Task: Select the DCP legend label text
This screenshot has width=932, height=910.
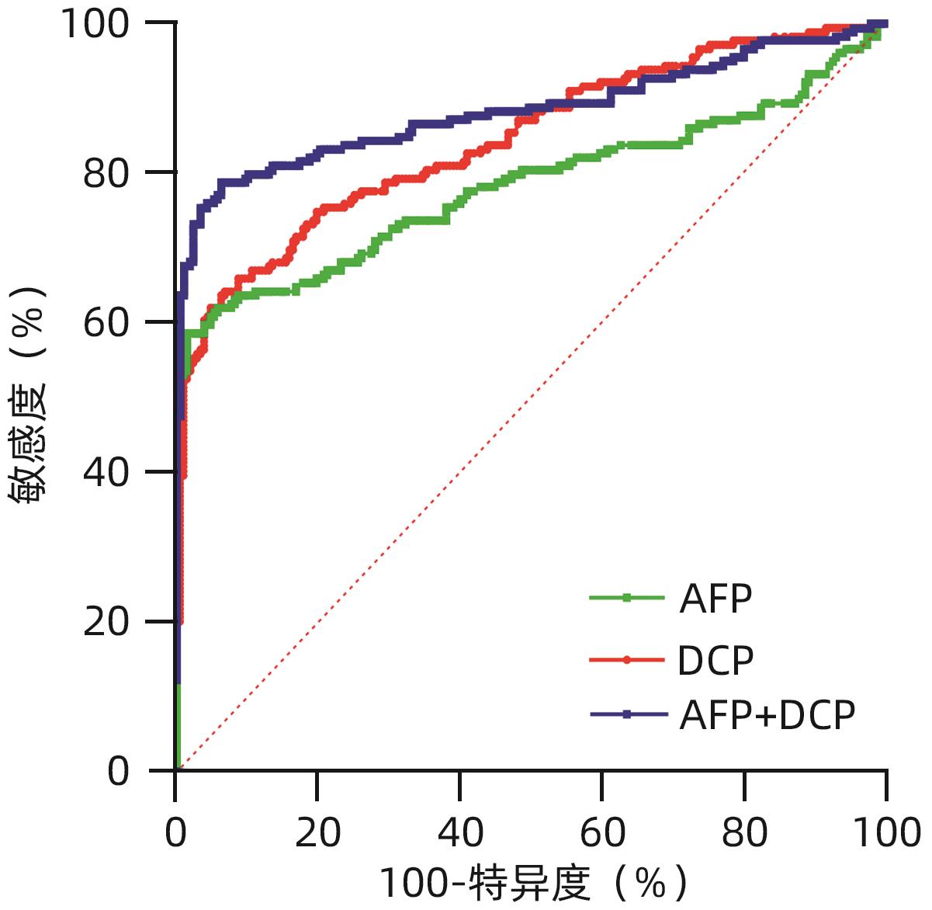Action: pos(715,660)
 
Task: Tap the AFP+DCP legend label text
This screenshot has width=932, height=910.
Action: pos(767,715)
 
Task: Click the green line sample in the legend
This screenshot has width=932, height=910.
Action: pos(627,598)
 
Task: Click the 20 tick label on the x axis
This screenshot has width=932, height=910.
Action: pos(318,832)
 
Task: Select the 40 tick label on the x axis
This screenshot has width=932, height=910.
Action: pos(460,832)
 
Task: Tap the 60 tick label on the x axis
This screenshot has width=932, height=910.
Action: pos(603,832)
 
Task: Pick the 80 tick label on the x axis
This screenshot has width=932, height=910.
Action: pos(745,832)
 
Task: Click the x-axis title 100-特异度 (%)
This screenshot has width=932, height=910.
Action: pos(534,884)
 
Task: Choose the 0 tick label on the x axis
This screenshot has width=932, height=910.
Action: pos(176,832)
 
